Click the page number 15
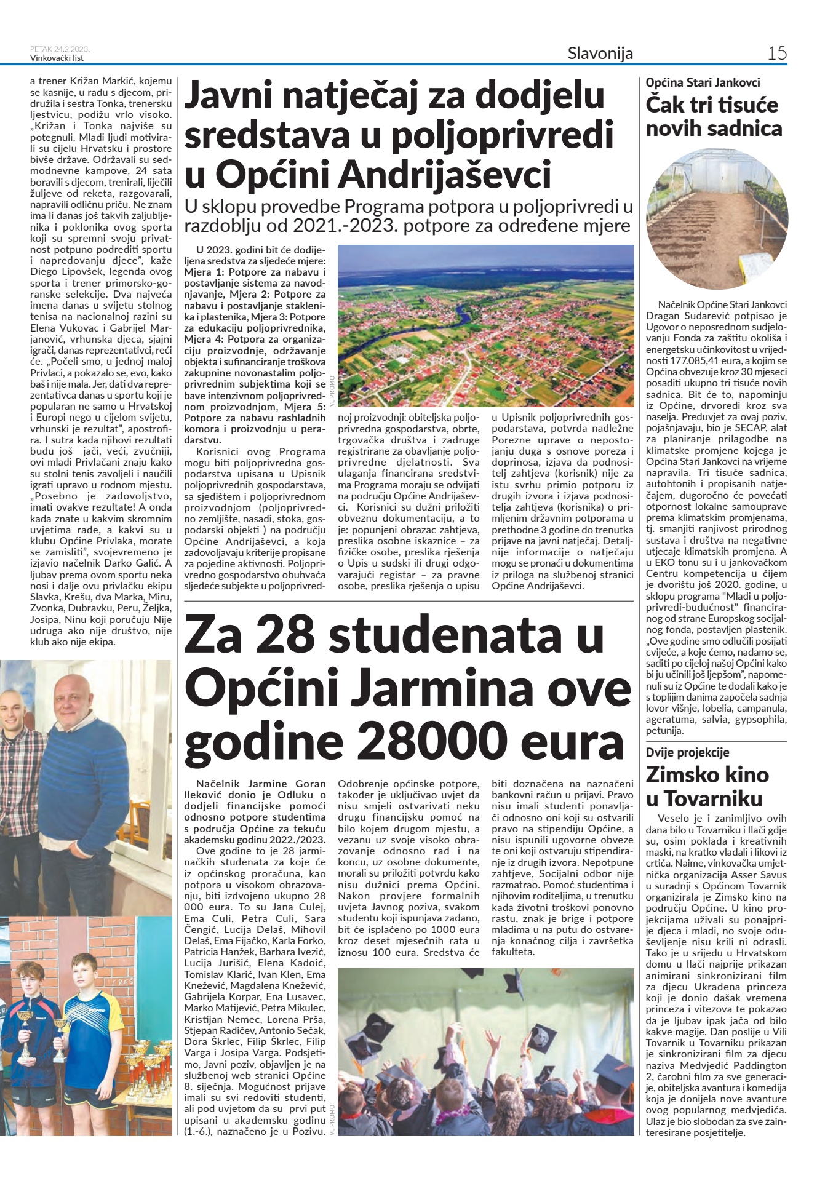[x=777, y=54]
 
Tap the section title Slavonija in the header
[x=600, y=54]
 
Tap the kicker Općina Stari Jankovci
[x=703, y=82]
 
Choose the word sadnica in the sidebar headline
[x=744, y=129]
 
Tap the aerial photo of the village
[x=486, y=325]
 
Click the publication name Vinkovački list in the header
[x=57, y=58]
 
